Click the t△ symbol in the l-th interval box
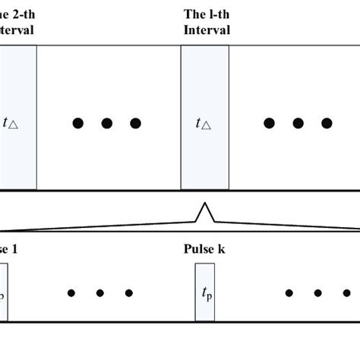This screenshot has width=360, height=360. (x=204, y=124)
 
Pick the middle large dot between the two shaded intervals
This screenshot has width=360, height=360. (x=106, y=123)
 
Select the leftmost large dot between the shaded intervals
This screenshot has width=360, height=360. (x=77, y=123)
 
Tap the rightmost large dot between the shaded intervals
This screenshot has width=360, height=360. (x=135, y=123)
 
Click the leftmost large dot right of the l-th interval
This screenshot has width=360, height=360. (x=268, y=123)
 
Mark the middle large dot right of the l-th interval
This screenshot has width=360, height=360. (x=297, y=123)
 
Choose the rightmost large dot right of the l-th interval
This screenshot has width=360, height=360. (x=326, y=123)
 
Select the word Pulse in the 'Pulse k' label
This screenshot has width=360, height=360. (x=199, y=248)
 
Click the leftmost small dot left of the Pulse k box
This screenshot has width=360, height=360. (x=71, y=292)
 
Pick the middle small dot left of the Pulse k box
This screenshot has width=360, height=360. (x=99, y=292)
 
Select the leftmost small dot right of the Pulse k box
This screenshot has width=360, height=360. (x=289, y=292)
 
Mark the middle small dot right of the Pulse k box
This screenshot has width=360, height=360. (x=318, y=292)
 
